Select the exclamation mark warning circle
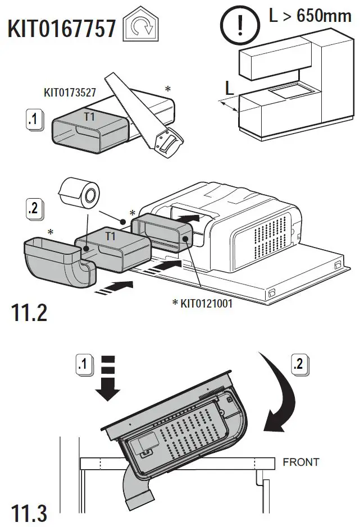point(236,24)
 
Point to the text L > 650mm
point(309,15)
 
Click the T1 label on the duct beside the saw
point(89,117)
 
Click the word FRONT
point(300,462)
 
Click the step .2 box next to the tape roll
point(34,209)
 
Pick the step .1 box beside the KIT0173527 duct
point(34,120)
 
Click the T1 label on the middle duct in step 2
point(111,236)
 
